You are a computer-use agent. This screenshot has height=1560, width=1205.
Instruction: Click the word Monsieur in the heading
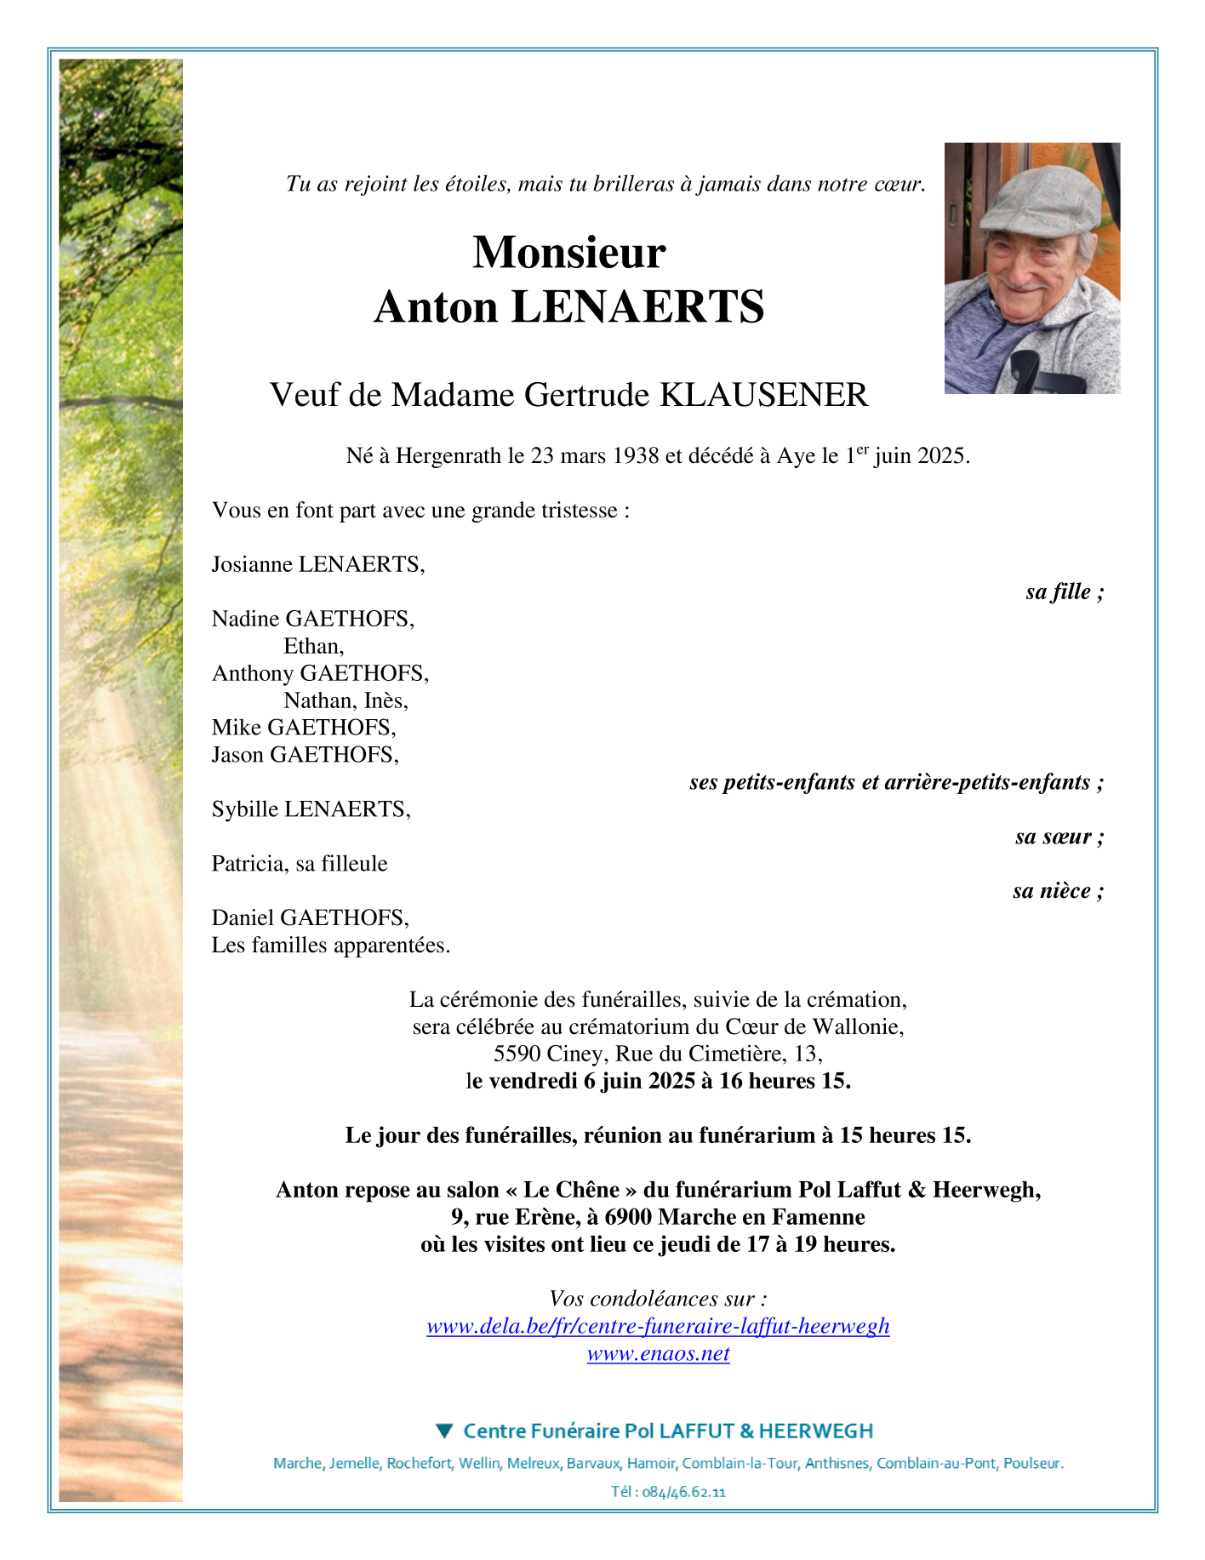tap(568, 253)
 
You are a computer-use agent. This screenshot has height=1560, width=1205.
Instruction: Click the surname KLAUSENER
tap(764, 395)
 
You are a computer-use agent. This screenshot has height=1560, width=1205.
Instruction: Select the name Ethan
tap(312, 646)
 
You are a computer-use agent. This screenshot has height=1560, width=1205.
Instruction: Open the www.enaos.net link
tap(658, 1353)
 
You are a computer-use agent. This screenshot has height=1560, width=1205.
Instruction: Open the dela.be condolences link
tap(658, 1326)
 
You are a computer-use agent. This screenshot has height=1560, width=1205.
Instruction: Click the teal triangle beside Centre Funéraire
tap(444, 1431)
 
